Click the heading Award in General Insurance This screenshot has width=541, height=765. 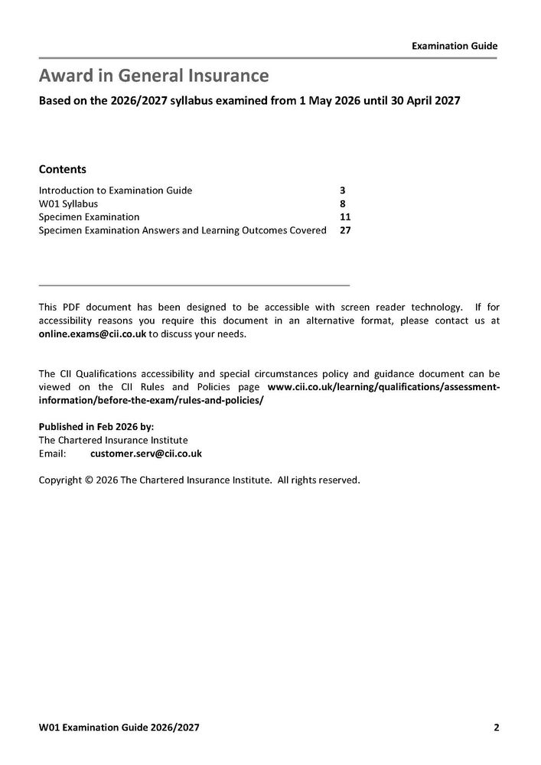tap(154, 76)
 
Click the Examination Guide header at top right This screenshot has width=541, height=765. tap(455, 46)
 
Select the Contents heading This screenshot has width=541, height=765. tap(62, 169)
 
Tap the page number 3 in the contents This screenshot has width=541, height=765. tap(343, 190)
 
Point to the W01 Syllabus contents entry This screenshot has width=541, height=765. tap(68, 203)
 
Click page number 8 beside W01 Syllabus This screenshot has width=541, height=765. tap(343, 203)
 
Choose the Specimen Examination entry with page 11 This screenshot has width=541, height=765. tap(89, 216)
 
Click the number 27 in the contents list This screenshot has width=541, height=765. tap(345, 230)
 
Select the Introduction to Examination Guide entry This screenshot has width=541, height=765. tap(115, 190)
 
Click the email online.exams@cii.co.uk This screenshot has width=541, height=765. tap(92, 334)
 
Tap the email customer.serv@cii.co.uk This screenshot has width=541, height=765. tap(145, 454)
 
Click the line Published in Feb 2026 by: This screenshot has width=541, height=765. tap(96, 427)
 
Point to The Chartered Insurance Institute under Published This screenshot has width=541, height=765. tap(112, 440)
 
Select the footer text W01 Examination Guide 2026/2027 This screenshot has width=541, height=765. tap(119, 727)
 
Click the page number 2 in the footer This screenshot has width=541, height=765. tap(496, 727)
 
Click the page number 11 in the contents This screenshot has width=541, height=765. tap(345, 216)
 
